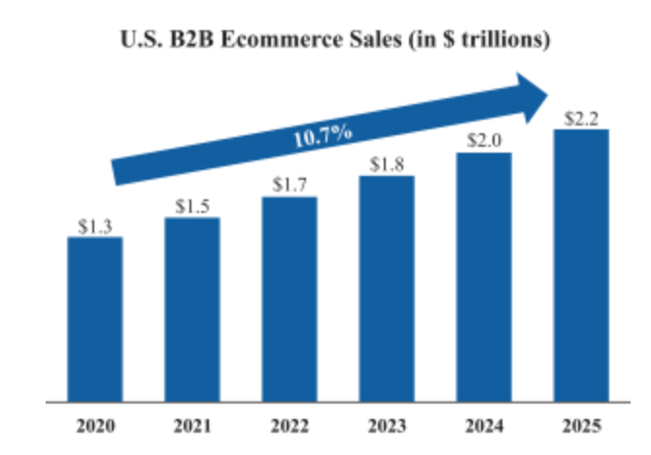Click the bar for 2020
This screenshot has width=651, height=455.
[x=95, y=319]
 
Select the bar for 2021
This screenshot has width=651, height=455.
[x=192, y=309]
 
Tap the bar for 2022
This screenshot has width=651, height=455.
[x=290, y=298]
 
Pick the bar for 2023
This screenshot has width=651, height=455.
[x=387, y=289]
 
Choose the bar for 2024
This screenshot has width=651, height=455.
[x=484, y=277]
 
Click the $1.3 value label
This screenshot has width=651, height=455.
[x=95, y=227]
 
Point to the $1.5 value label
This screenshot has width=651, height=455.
[x=192, y=206]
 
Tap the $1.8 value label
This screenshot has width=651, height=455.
[x=387, y=164]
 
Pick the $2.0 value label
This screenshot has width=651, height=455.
[x=484, y=141]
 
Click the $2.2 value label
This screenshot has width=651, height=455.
[x=581, y=119]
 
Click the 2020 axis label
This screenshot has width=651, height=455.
[x=95, y=426]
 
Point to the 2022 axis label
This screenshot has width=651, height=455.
[x=290, y=426]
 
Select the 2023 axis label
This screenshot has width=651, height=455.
[x=387, y=426]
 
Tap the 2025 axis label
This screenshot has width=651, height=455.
[x=581, y=426]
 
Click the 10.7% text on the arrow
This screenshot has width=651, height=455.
[x=322, y=134]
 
